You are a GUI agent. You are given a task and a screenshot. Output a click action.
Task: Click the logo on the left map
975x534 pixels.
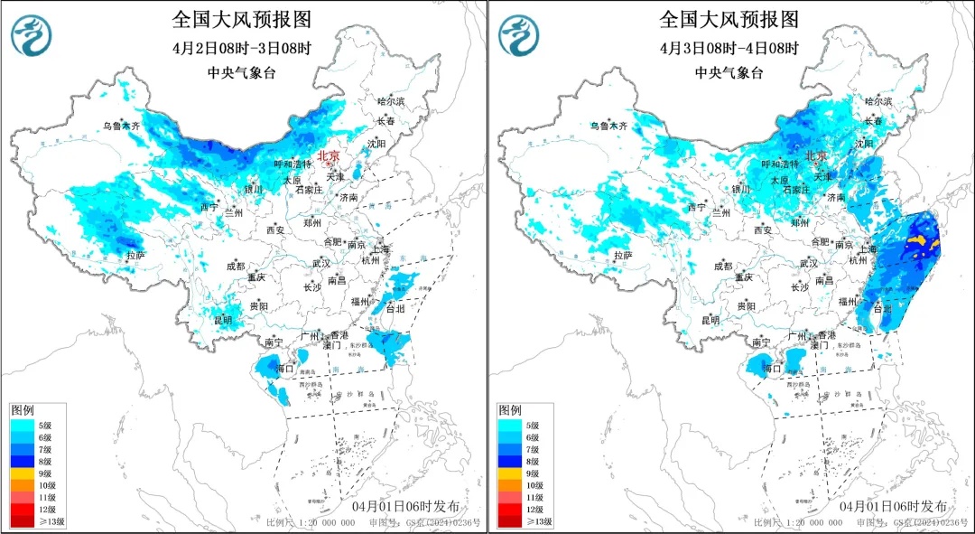pyautogui.click(x=31, y=34)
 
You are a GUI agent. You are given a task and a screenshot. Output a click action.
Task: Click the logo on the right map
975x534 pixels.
pyautogui.click(x=519, y=34)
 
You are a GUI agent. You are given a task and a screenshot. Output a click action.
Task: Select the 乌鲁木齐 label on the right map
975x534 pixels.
pyautogui.click(x=609, y=126)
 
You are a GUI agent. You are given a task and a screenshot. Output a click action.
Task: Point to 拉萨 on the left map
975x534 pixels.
pyautogui.click(x=135, y=256)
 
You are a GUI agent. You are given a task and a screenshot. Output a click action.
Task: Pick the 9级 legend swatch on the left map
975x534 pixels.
pyautogui.click(x=23, y=473)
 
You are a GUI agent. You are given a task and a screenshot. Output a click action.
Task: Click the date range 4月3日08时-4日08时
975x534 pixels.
pyautogui.click(x=730, y=47)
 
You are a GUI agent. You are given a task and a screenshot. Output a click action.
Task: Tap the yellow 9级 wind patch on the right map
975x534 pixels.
pyautogui.click(x=920, y=241)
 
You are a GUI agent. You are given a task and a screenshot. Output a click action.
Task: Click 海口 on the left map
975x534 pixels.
pyautogui.click(x=285, y=369)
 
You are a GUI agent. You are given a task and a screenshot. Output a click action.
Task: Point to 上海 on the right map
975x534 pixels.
pyautogui.click(x=868, y=248)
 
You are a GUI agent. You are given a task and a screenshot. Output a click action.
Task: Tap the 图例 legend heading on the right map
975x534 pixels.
pyautogui.click(x=510, y=409)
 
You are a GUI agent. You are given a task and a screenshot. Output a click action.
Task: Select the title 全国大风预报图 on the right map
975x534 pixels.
pyautogui.click(x=729, y=19)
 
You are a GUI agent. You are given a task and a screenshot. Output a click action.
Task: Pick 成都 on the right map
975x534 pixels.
pyautogui.click(x=722, y=266)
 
